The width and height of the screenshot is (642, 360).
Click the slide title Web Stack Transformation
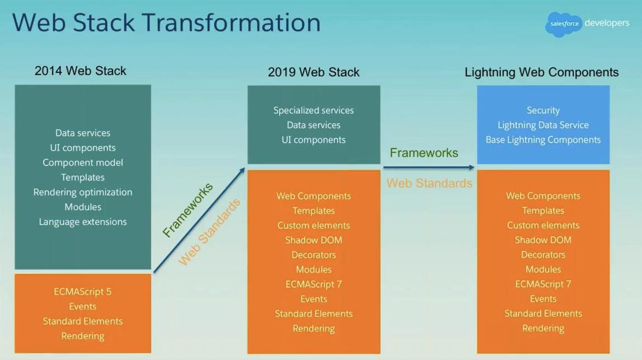(166, 23)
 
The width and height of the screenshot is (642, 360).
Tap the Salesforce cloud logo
(564, 24)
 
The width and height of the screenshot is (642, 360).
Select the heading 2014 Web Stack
(81, 71)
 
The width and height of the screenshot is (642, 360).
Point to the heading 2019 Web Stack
(313, 72)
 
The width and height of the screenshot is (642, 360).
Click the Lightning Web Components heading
(541, 72)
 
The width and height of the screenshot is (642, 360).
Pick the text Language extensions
(83, 222)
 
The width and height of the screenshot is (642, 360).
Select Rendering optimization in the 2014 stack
(83, 192)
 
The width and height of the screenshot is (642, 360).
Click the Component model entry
(83, 162)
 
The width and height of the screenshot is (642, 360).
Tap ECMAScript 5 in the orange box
(83, 292)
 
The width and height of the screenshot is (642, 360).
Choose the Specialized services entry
(313, 110)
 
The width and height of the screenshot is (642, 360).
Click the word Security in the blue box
(543, 110)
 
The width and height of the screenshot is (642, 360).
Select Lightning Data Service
(543, 125)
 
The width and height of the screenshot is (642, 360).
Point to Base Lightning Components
(543, 140)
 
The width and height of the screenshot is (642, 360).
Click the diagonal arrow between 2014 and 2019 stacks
(199, 220)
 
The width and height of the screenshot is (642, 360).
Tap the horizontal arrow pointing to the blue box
(429, 167)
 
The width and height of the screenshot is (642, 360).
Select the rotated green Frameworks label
(188, 210)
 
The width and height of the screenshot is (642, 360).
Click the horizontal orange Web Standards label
(429, 183)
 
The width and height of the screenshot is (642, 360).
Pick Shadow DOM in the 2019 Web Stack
(313, 240)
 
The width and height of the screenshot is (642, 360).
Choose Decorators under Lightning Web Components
(543, 255)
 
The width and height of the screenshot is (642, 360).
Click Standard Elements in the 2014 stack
(83, 321)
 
